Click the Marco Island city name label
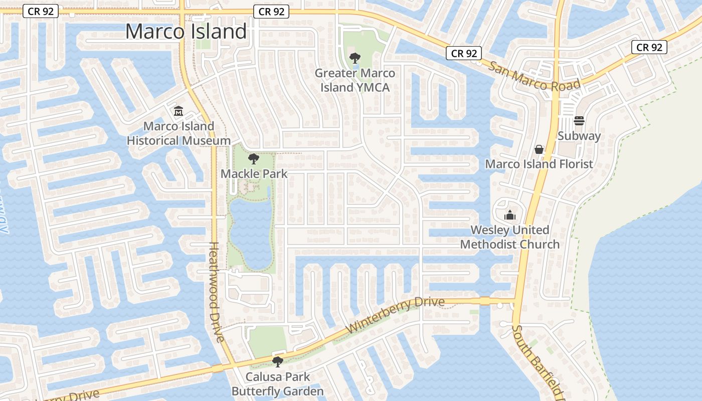tap(186, 32)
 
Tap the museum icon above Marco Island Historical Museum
tap(178, 110)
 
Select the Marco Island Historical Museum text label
tap(179, 133)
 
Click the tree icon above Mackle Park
tap(254, 159)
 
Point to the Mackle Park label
tap(254, 174)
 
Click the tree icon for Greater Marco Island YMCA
tap(355, 58)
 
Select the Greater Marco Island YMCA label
tap(355, 80)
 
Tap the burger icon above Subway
tap(579, 120)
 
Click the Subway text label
tap(579, 136)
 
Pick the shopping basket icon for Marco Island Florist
tap(539, 149)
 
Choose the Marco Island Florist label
tap(539, 164)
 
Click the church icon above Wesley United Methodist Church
tap(510, 215)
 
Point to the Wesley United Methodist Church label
tap(510, 237)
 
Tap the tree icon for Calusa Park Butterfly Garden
tap(277, 361)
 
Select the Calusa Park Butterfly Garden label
tap(277, 384)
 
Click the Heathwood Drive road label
tap(216, 292)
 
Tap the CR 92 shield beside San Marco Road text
tap(464, 53)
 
